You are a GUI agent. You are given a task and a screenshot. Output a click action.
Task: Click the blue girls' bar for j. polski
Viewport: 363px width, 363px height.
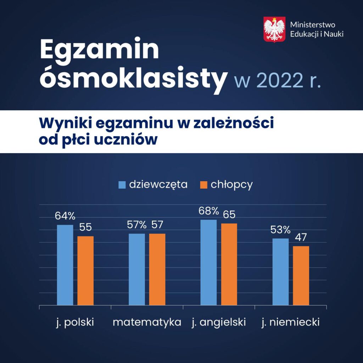[65, 265]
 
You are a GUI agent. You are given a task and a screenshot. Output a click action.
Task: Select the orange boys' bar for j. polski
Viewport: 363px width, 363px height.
[85, 270]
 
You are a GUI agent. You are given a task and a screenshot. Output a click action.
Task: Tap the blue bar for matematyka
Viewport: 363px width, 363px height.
[137, 269]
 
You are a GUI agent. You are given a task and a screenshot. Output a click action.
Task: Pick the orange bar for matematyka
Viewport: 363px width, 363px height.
[157, 269]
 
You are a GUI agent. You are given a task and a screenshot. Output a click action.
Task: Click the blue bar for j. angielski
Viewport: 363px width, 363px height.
[208, 262]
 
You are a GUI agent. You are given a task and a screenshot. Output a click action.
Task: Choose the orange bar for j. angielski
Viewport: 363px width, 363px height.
[229, 264]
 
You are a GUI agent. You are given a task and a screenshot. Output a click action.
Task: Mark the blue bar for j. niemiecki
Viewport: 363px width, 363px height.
[281, 272]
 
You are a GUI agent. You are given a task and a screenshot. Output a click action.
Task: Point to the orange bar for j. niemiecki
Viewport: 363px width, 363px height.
[301, 275]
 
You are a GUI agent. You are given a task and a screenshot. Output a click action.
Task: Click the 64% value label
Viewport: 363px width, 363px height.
[65, 216]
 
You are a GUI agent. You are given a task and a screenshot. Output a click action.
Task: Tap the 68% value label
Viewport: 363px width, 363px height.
[208, 211]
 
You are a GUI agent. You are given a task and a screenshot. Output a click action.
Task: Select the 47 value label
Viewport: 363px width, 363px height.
[301, 237]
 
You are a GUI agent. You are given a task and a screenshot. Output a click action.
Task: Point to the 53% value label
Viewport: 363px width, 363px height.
[280, 230]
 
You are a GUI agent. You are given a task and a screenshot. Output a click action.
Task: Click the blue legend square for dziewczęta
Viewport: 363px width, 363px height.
[122, 185]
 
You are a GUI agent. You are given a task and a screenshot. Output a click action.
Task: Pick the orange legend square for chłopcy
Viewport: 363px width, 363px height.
[203, 185]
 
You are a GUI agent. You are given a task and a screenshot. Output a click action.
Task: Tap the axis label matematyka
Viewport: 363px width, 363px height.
[147, 322]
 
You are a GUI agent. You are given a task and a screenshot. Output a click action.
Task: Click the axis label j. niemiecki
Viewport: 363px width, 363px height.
[291, 323]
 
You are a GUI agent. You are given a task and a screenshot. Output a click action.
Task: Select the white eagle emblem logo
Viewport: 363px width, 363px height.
[274, 29]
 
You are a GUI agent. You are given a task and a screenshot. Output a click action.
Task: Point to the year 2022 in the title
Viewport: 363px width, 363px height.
[280, 80]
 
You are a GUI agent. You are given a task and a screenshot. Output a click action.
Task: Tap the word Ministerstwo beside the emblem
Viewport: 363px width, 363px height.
[313, 24]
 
